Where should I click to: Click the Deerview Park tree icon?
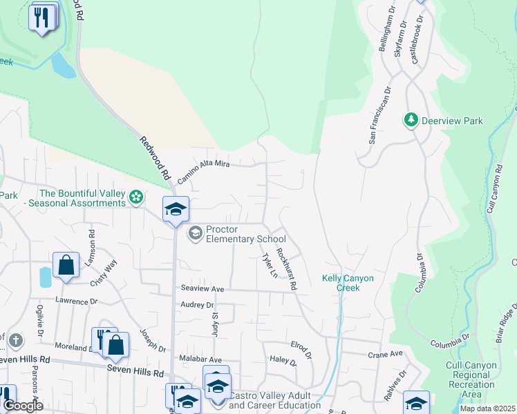(411, 120)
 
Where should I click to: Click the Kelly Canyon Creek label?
(348, 283)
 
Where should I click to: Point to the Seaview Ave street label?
(203, 288)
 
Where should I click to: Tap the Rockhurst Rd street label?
(286, 269)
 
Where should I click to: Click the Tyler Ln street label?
(268, 266)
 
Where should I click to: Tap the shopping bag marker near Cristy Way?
(65, 265)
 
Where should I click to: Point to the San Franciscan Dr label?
(379, 115)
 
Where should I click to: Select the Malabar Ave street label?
(201, 359)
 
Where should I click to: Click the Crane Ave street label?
(385, 354)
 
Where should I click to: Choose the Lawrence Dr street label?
(77, 302)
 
